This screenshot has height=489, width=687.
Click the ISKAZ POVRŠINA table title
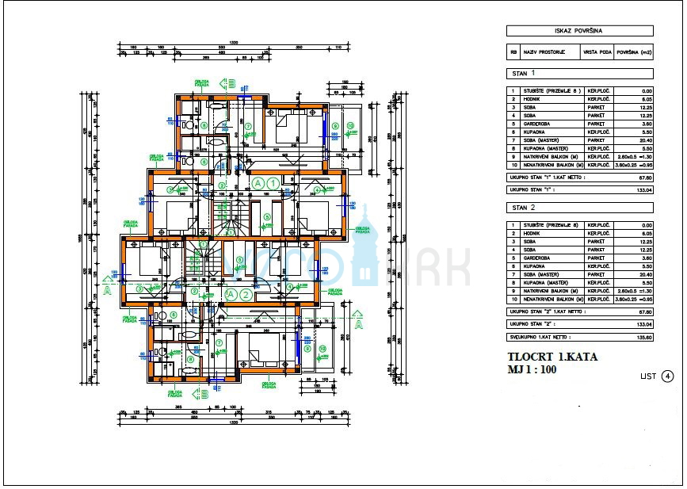pos(579,31)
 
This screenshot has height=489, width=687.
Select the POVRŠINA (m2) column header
pos(634,52)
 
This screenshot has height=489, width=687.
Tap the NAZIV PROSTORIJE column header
pos(548,52)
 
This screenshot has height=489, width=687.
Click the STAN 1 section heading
pos(524,74)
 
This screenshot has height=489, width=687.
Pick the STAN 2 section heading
pos(524,208)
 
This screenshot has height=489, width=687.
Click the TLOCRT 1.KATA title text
pos(552,357)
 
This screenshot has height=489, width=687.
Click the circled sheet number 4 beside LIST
pos(668,376)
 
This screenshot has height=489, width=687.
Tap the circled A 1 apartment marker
pos(264,183)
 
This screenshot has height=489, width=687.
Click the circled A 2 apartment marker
pos(238,295)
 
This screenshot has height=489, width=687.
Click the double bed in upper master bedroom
pos(287,126)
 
